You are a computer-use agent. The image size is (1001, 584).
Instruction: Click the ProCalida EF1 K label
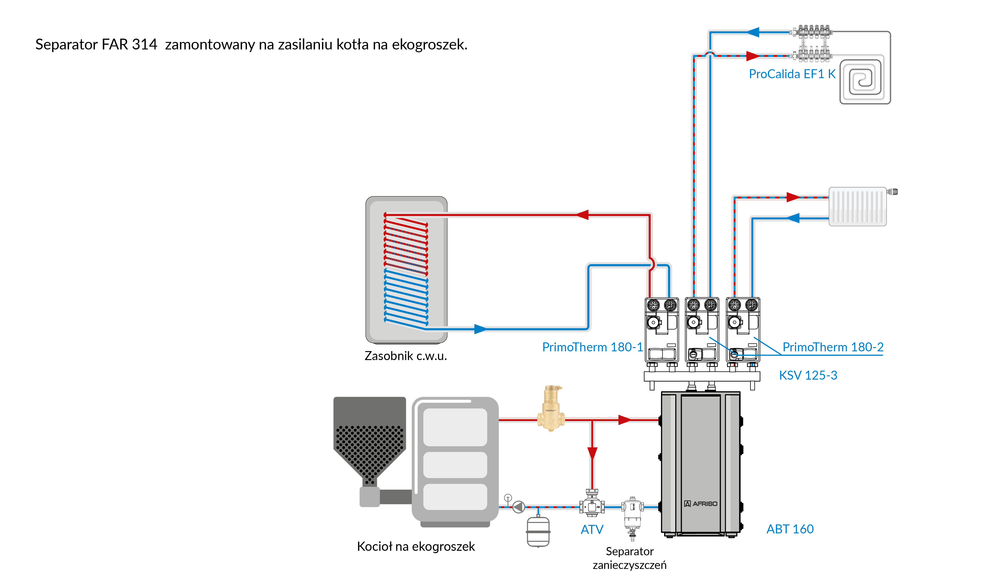[792, 74]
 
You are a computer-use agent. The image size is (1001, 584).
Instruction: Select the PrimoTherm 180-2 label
[833, 347]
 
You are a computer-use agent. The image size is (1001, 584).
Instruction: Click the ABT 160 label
[790, 529]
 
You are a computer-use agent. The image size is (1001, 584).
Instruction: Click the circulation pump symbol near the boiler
[518, 507]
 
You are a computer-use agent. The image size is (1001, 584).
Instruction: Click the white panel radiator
[857, 207]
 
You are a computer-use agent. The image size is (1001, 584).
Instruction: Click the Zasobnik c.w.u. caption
[406, 356]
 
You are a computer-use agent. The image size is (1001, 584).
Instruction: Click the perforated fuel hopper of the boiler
[369, 445]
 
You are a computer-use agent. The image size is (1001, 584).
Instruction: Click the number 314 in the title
[145, 45]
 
